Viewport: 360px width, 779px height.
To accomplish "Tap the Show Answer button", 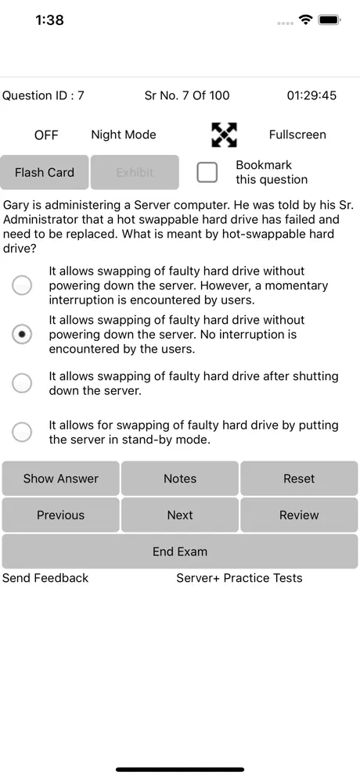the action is (x=60, y=479).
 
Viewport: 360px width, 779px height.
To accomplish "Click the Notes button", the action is (x=180, y=479).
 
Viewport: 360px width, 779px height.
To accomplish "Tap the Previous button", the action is (x=60, y=515).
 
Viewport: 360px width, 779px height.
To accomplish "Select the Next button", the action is (x=180, y=515).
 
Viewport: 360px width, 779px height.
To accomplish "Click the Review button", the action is (x=299, y=515).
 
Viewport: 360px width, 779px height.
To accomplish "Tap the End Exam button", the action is (x=180, y=551).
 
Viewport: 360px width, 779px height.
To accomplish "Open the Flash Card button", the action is (x=45, y=172).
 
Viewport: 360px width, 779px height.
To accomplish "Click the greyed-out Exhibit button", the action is (x=135, y=172).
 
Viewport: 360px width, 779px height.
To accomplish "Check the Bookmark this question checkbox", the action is (x=207, y=172).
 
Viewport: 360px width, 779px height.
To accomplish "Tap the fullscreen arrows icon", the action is (x=225, y=135).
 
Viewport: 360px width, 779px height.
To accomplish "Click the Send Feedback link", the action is (x=45, y=578).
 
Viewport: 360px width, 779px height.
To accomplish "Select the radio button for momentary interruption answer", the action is (x=23, y=285).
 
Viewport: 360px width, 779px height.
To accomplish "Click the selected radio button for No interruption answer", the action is (x=23, y=335).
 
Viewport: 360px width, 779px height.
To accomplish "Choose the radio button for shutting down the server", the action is (x=23, y=383).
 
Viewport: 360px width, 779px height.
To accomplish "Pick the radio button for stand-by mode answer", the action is (x=23, y=432).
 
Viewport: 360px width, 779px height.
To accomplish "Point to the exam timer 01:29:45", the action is (x=311, y=95).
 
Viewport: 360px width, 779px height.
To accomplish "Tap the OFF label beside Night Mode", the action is (x=46, y=135).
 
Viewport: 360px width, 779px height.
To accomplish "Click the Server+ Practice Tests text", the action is (x=239, y=578).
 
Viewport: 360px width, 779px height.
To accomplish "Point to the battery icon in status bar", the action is (x=329, y=20).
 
